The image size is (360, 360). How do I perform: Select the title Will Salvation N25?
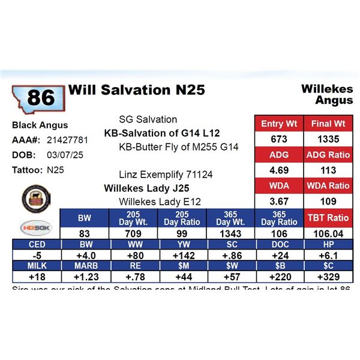click(137, 90)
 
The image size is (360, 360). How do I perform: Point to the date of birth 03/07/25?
click(62, 155)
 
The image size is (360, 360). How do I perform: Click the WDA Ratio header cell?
click(326, 185)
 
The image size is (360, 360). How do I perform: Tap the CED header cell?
click(36, 244)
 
